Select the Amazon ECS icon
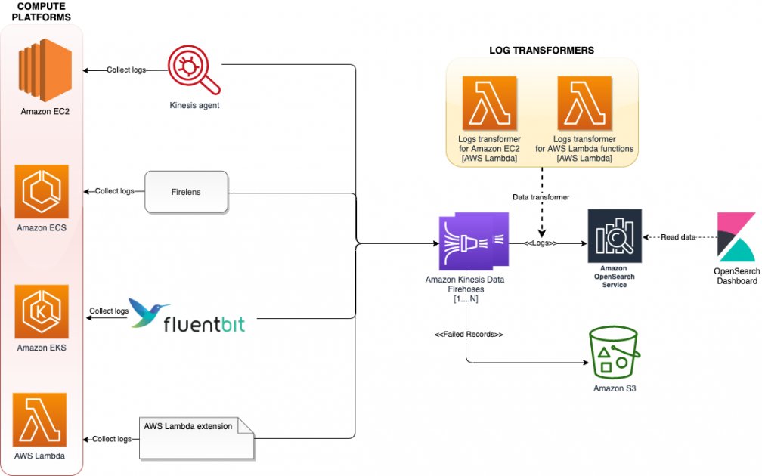(x=42, y=192)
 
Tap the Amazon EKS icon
(x=42, y=312)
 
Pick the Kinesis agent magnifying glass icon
(x=194, y=71)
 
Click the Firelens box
(x=187, y=193)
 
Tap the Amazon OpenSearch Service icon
(x=615, y=236)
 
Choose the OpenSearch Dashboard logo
(x=736, y=236)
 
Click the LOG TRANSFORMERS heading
(x=542, y=50)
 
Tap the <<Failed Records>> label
(x=469, y=334)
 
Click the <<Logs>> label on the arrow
(x=541, y=243)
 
